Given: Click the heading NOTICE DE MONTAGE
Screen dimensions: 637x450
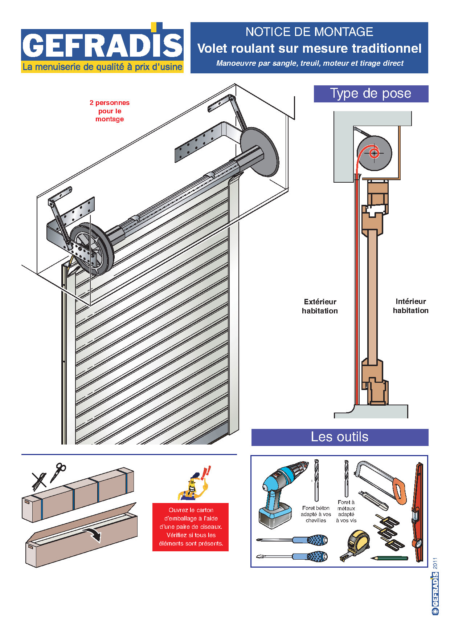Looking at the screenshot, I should [309, 32].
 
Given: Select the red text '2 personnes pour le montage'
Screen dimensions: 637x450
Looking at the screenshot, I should [110, 111].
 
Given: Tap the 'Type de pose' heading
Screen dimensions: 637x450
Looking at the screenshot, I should [371, 94].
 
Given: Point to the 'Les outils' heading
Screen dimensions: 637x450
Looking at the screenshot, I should [339, 437].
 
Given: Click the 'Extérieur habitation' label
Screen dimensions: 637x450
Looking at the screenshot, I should [320, 306].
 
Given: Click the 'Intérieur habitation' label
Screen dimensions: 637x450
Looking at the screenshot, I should [410, 306].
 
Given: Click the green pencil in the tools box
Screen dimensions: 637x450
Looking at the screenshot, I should [389, 558].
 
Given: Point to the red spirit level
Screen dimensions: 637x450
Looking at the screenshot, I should [418, 512].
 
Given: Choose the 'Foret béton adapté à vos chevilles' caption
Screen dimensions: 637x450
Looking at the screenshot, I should [316, 514].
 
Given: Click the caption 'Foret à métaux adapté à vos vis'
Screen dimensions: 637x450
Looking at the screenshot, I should [346, 511].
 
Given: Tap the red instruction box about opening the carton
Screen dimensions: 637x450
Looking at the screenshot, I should [191, 527].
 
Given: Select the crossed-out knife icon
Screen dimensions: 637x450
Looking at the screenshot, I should [39, 481].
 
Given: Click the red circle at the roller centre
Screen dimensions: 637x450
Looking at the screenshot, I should [374, 153].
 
